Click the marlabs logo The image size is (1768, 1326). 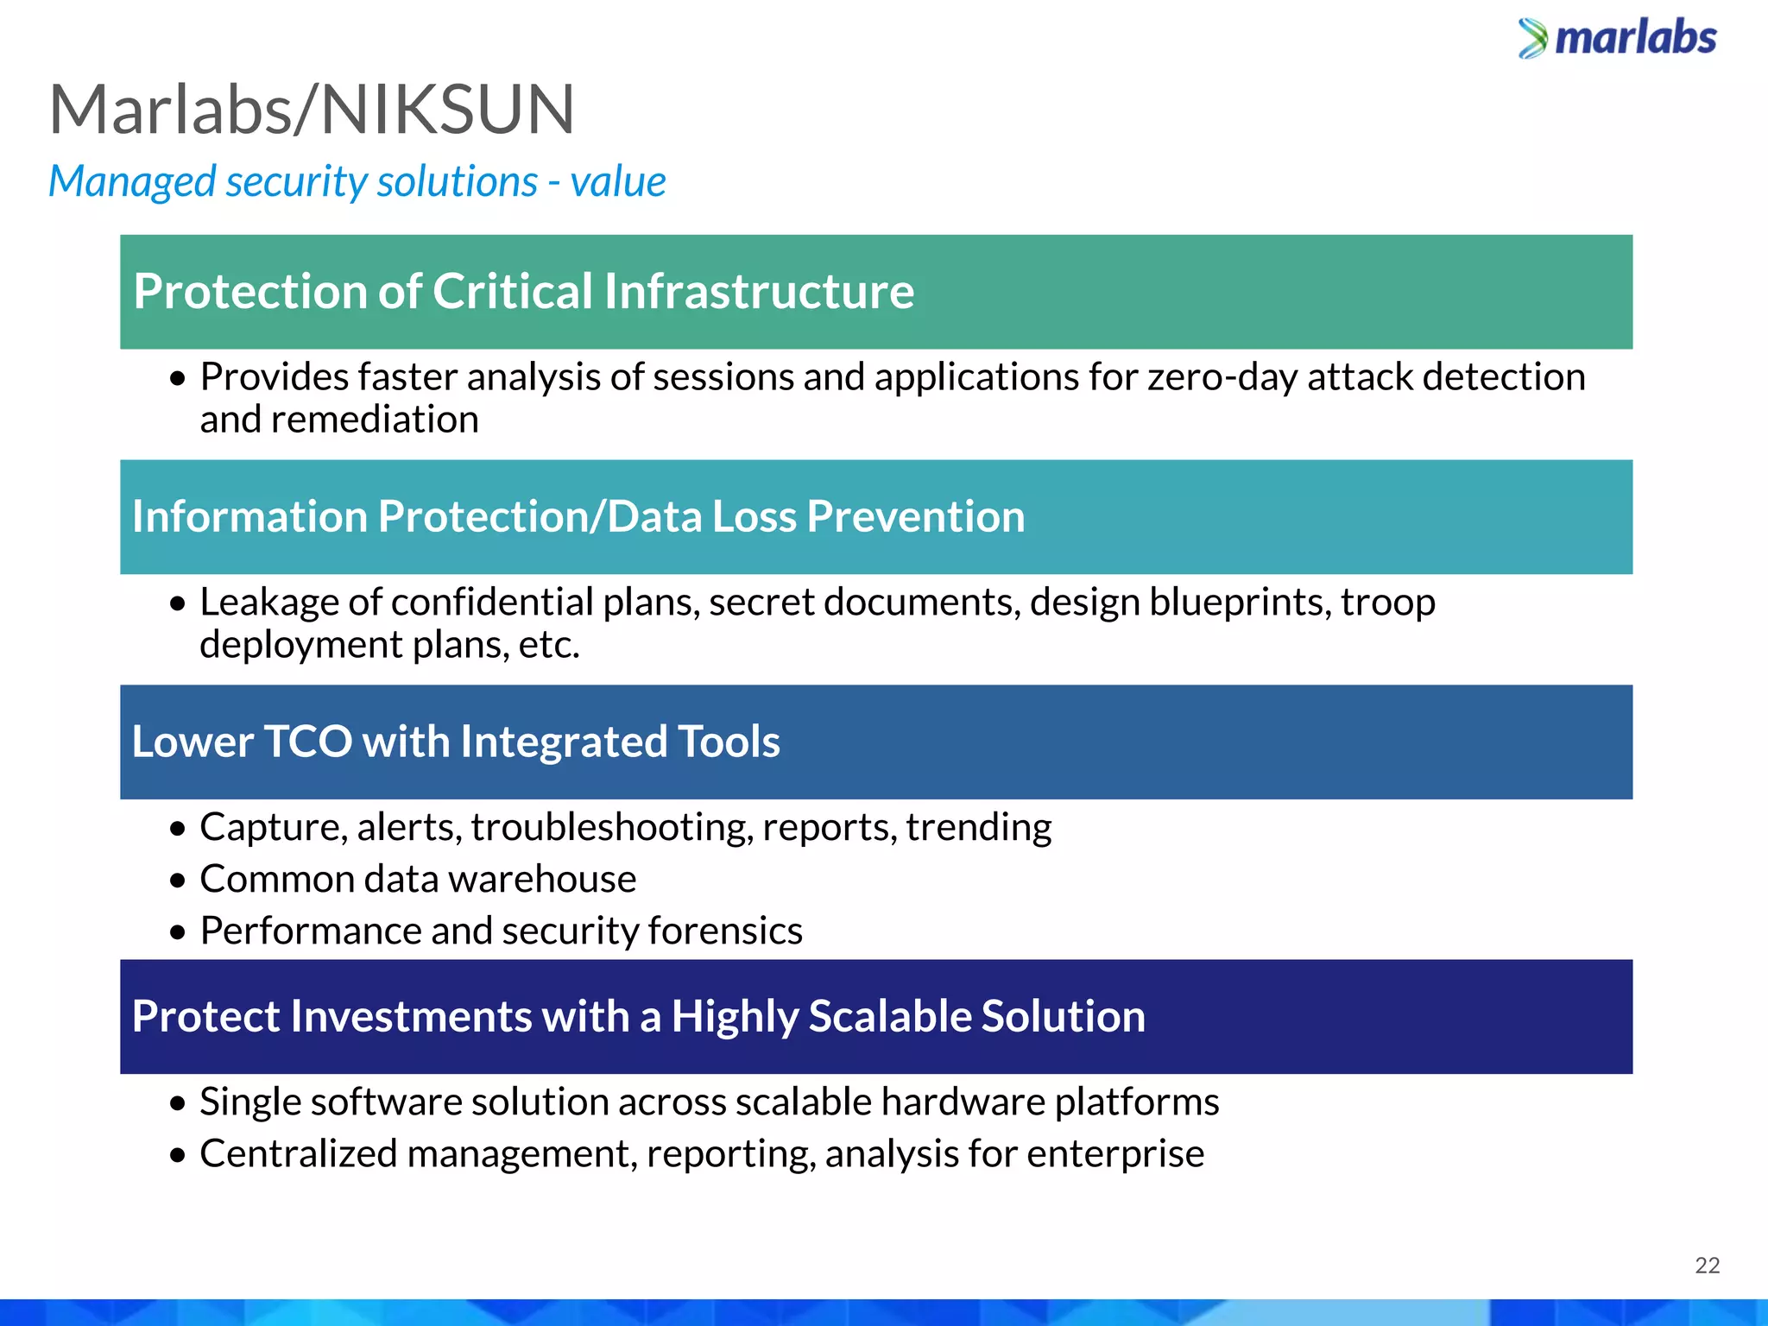pyautogui.click(x=1617, y=38)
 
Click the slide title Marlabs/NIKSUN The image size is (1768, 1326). pyautogui.click(x=312, y=110)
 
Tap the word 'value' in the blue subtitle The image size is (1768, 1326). pyautogui.click(x=617, y=181)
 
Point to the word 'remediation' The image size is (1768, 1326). pyautogui.click(x=375, y=420)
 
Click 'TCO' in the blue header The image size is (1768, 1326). pyautogui.click(x=307, y=742)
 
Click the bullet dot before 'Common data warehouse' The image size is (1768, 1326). pyautogui.click(x=178, y=881)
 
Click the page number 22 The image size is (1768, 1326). pyautogui.click(x=1707, y=1266)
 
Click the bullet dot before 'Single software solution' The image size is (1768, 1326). pyautogui.click(x=178, y=1103)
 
